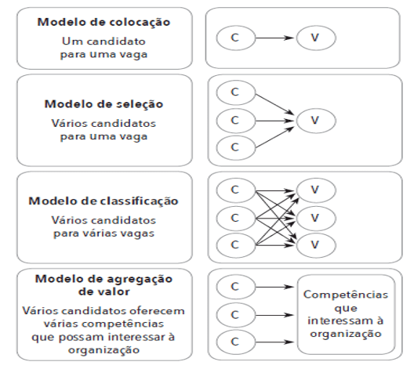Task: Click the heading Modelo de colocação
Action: pyautogui.click(x=103, y=23)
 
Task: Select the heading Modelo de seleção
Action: pyautogui.click(x=103, y=104)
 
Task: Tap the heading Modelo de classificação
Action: pyautogui.click(x=103, y=201)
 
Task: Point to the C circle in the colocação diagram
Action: pyautogui.click(x=236, y=38)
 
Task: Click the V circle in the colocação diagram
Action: pyautogui.click(x=316, y=38)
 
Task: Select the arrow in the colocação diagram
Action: pyautogui.click(x=275, y=38)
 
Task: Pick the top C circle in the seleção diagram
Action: pyautogui.click(x=236, y=92)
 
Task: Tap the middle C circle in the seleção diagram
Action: pyautogui.click(x=236, y=121)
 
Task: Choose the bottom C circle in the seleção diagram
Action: pyautogui.click(x=236, y=148)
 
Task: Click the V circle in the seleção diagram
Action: pyautogui.click(x=316, y=121)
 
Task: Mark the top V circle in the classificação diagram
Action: pyautogui.click(x=316, y=190)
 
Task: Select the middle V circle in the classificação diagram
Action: pyautogui.click(x=316, y=219)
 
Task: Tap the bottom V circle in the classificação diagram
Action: pyautogui.click(x=316, y=245)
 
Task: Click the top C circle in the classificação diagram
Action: pyautogui.click(x=236, y=190)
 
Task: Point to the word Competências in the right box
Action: pyautogui.click(x=346, y=295)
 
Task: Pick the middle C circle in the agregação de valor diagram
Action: pyautogui.click(x=236, y=315)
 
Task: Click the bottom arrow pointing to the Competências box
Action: pyautogui.click(x=275, y=342)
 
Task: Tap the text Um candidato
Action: pyautogui.click(x=103, y=42)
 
